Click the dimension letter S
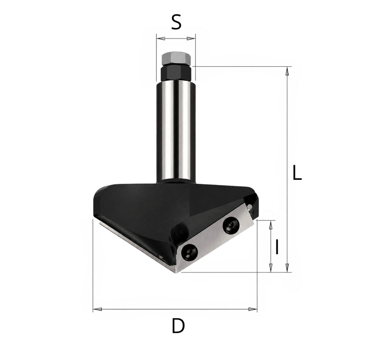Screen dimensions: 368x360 point(176,22)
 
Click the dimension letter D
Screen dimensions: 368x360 point(178,326)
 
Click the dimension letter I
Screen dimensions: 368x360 point(277,247)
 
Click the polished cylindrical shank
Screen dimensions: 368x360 point(176,130)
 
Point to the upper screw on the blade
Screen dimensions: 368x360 point(231,225)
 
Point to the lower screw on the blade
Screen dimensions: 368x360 point(190,251)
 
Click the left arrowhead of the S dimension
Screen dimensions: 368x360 point(161,38)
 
